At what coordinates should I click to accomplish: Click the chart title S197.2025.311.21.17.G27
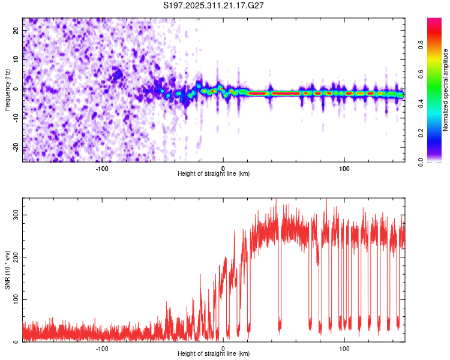pos(214,5)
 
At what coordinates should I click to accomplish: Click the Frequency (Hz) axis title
pos(7,90)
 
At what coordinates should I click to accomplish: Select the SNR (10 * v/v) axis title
pos(7,269)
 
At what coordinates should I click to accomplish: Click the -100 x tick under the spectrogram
pos(102,168)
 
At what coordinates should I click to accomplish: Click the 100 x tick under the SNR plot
pos(344,348)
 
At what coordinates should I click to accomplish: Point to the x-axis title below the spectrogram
pos(214,173)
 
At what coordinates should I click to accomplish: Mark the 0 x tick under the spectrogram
pos(223,168)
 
